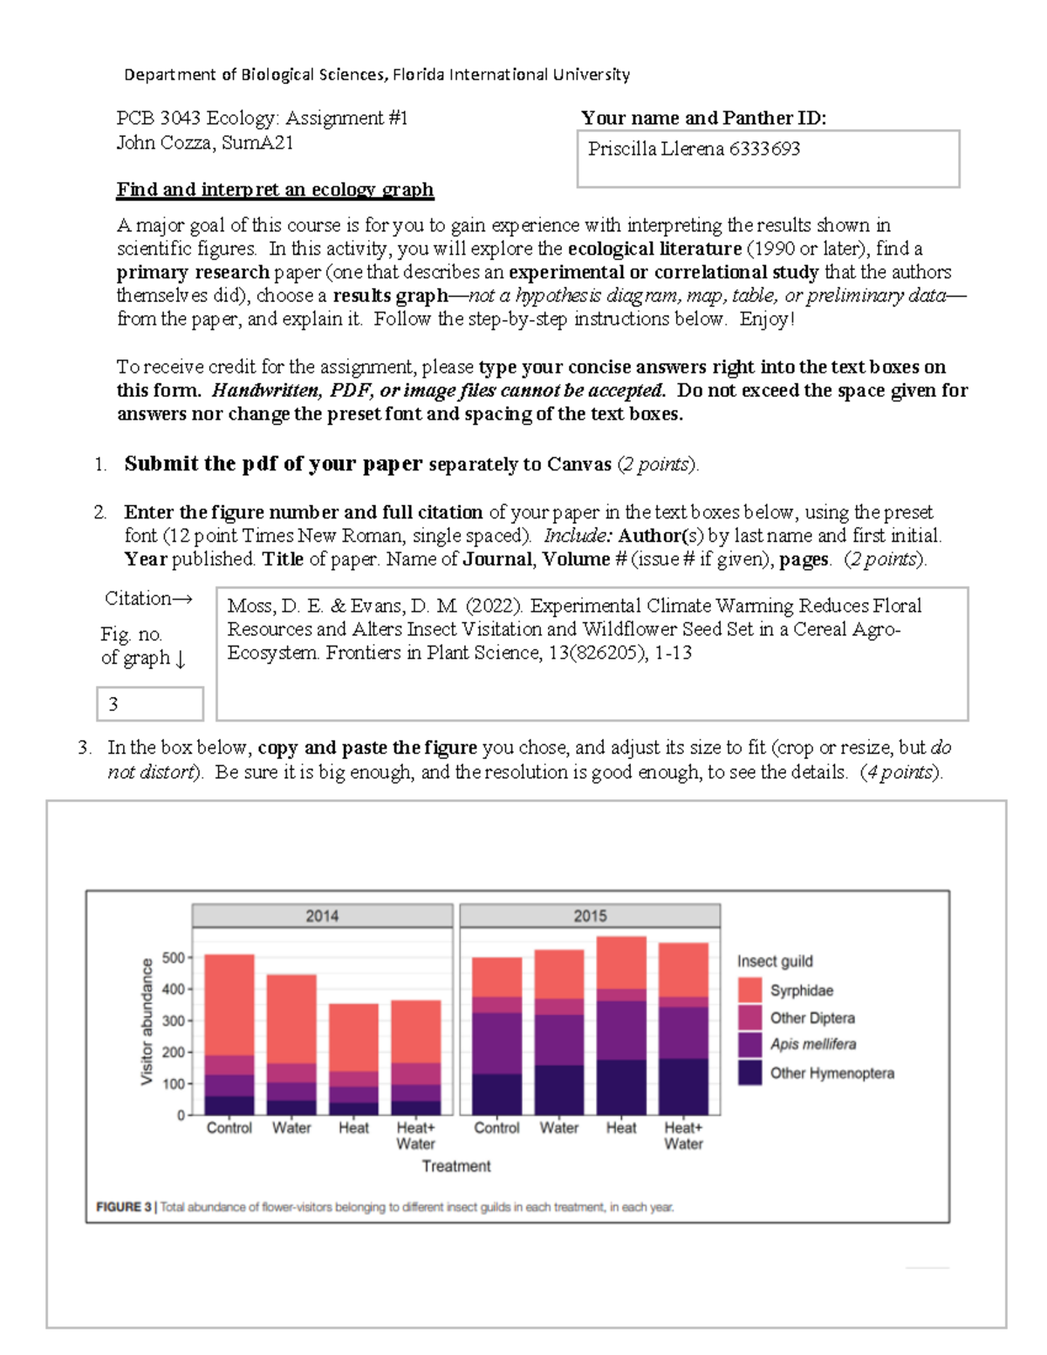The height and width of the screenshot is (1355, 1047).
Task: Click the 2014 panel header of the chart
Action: tap(322, 915)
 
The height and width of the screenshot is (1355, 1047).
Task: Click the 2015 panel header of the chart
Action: tap(590, 915)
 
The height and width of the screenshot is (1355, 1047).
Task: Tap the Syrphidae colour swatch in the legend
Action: tap(749, 990)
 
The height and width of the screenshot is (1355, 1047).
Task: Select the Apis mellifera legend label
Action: tap(812, 1044)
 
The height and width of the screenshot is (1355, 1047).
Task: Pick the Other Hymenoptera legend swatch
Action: tap(749, 1072)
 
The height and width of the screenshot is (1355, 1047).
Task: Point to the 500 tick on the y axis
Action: tap(173, 958)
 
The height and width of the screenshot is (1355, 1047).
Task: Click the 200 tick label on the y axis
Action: tap(173, 1052)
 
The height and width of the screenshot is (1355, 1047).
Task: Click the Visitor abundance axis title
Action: tap(147, 1022)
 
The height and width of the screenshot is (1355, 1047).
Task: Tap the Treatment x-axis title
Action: tap(456, 1166)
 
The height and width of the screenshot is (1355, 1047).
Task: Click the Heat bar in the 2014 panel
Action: tap(353, 1059)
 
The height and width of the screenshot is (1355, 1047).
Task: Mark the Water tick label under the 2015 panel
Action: tap(558, 1128)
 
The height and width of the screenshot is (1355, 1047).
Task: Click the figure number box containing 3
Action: tap(149, 704)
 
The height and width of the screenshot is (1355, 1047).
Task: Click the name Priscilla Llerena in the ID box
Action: tap(656, 149)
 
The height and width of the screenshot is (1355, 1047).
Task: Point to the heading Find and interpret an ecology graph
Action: tap(275, 189)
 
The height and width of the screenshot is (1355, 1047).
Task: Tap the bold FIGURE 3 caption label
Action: tap(124, 1207)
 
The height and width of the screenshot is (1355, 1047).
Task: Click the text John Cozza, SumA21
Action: tap(205, 143)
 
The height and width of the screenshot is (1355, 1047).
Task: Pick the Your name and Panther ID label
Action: tap(703, 118)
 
